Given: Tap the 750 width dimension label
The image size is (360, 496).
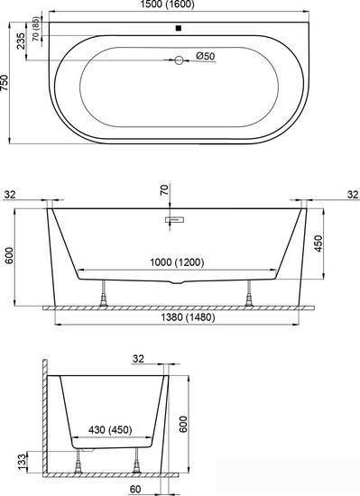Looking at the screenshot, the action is click(5, 83).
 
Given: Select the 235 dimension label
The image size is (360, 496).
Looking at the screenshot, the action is click(21, 41).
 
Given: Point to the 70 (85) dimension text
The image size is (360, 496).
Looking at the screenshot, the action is click(37, 29).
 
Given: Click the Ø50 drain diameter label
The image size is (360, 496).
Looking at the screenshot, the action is click(206, 56).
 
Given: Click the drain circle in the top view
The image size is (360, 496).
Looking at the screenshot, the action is click(179, 60).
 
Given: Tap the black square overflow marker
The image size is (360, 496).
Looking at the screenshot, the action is click(179, 28).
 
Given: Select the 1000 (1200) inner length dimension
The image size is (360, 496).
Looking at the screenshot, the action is click(177, 262).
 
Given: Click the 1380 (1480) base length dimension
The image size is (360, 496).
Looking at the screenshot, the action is click(189, 317).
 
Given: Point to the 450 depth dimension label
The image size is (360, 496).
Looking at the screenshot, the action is click(318, 243).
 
